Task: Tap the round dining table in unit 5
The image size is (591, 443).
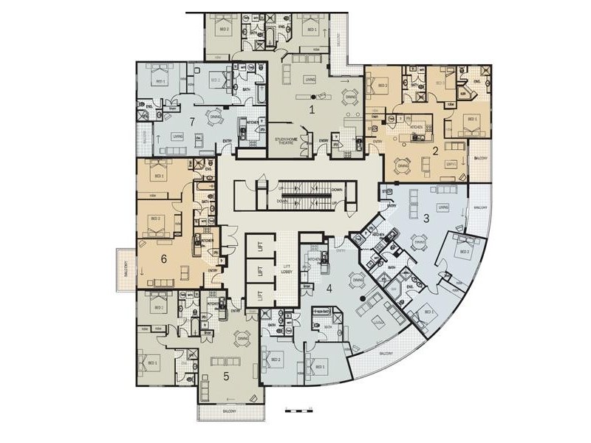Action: [242, 339]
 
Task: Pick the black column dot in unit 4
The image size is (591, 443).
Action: [361, 298]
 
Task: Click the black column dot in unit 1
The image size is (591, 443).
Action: [313, 97]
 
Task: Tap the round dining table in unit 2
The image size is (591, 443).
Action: [403, 167]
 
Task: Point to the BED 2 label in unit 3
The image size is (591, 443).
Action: [465, 252]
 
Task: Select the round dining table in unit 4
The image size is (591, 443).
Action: [358, 279]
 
